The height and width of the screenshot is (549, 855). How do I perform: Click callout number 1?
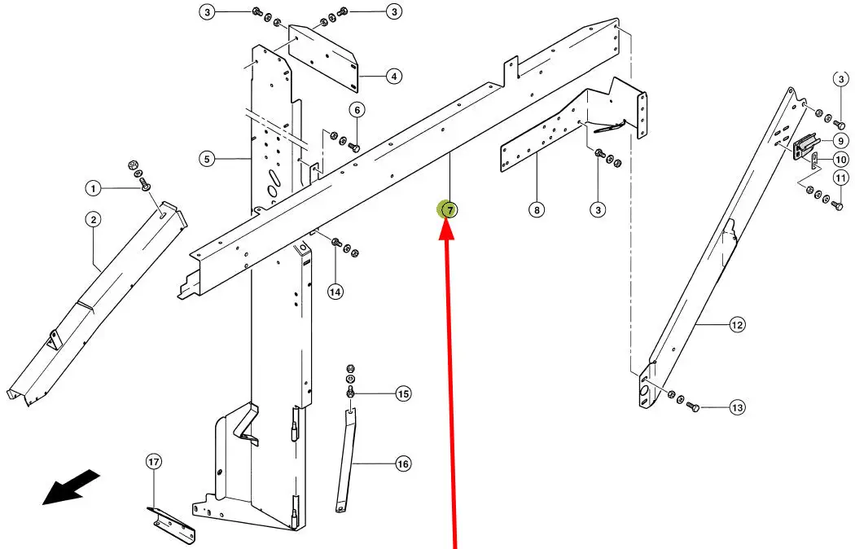tap(93, 189)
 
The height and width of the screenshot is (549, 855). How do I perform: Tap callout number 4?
tap(393, 77)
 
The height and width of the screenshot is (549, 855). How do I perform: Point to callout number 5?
tap(207, 158)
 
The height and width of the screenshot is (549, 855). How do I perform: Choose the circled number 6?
tap(357, 110)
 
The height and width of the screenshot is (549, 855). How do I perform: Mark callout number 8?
tap(536, 210)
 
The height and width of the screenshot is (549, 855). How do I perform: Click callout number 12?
tap(737, 325)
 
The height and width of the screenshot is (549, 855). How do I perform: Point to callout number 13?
tap(737, 407)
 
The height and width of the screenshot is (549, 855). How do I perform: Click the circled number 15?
tap(403, 394)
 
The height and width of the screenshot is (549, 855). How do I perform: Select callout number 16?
tap(403, 464)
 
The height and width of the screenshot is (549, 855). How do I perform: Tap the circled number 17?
tap(154, 462)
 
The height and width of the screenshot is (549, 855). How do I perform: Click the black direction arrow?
tap(72, 487)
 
